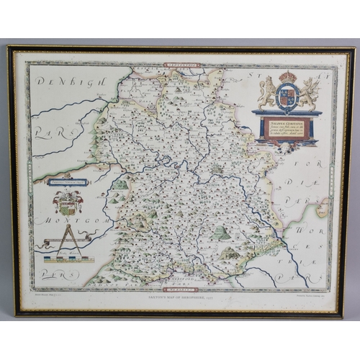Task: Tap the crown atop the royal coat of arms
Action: pyautogui.click(x=288, y=76)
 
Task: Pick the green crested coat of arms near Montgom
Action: pyautogui.click(x=68, y=202)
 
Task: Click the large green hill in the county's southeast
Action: pyautogui.click(x=221, y=233)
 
